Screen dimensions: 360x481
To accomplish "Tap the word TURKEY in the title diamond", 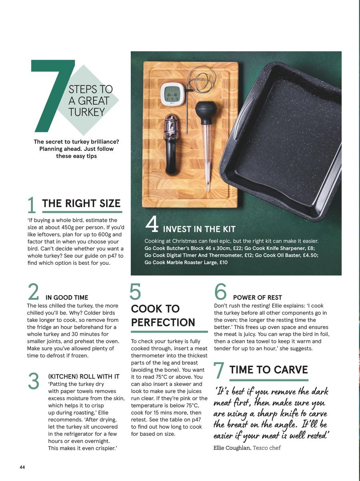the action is click(87, 112).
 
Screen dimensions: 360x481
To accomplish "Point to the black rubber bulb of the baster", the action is click(206, 112).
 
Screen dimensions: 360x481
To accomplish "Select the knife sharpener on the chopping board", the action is click(172, 144).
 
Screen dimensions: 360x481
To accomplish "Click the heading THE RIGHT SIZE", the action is click(81, 204).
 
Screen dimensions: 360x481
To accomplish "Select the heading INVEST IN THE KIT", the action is click(199, 229).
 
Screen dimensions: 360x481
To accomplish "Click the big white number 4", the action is click(152, 224).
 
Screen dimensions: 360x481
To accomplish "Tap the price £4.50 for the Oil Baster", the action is click(310, 255).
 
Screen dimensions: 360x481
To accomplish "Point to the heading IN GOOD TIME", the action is click(67, 297).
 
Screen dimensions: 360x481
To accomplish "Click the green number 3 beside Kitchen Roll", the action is click(34, 381).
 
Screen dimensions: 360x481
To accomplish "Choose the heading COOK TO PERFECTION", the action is click(163, 315).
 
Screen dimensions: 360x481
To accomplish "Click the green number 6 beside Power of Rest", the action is click(220, 291).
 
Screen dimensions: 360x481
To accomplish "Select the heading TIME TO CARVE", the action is click(268, 370).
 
